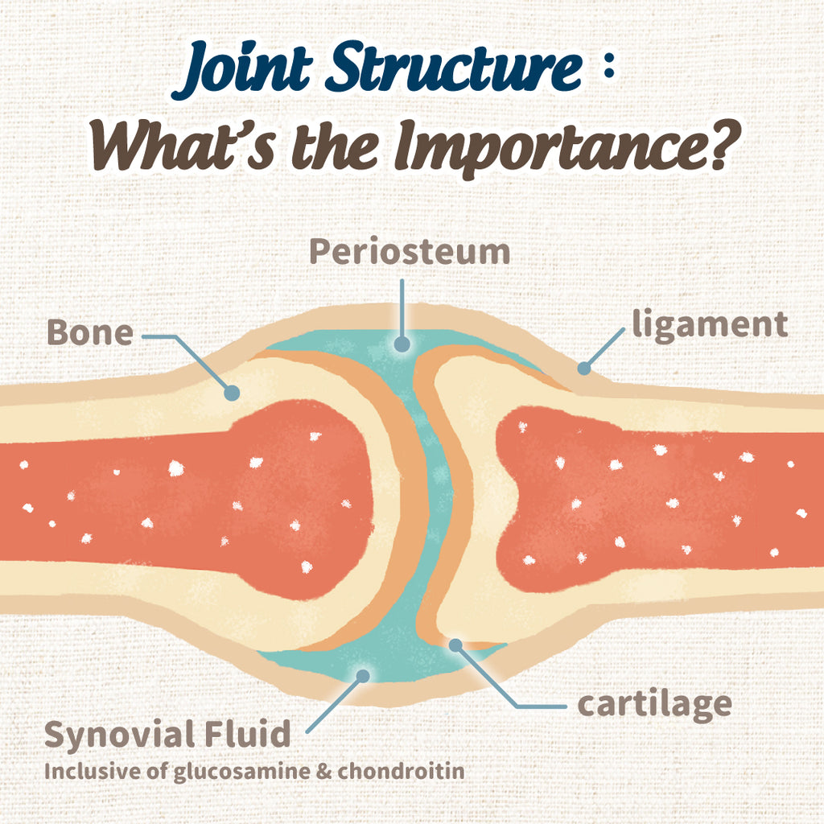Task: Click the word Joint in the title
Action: (247, 71)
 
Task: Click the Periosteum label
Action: (410, 253)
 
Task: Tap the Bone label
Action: (90, 333)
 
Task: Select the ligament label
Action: (710, 325)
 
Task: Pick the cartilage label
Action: (655, 704)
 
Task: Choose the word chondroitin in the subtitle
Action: (401, 771)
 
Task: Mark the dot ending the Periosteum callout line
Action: (402, 344)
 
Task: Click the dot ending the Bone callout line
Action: (232, 393)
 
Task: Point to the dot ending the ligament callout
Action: (584, 369)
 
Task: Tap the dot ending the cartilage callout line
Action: (455, 645)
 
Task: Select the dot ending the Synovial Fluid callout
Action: (363, 676)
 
